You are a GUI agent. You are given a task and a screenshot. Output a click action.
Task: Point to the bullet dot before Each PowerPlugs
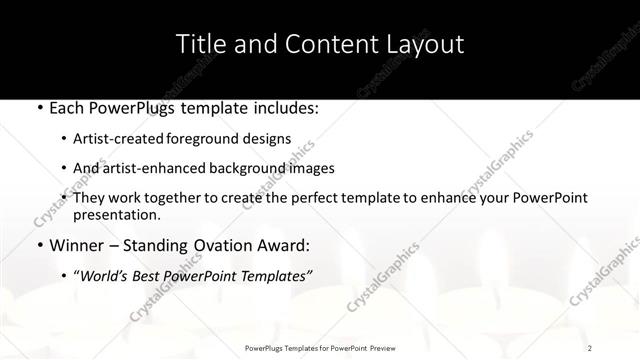[38, 107]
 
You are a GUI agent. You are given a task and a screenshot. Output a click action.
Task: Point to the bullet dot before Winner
[38, 244]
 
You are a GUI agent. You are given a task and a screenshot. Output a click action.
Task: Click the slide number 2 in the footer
[591, 348]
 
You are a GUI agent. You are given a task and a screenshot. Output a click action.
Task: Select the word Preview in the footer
[383, 348]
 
